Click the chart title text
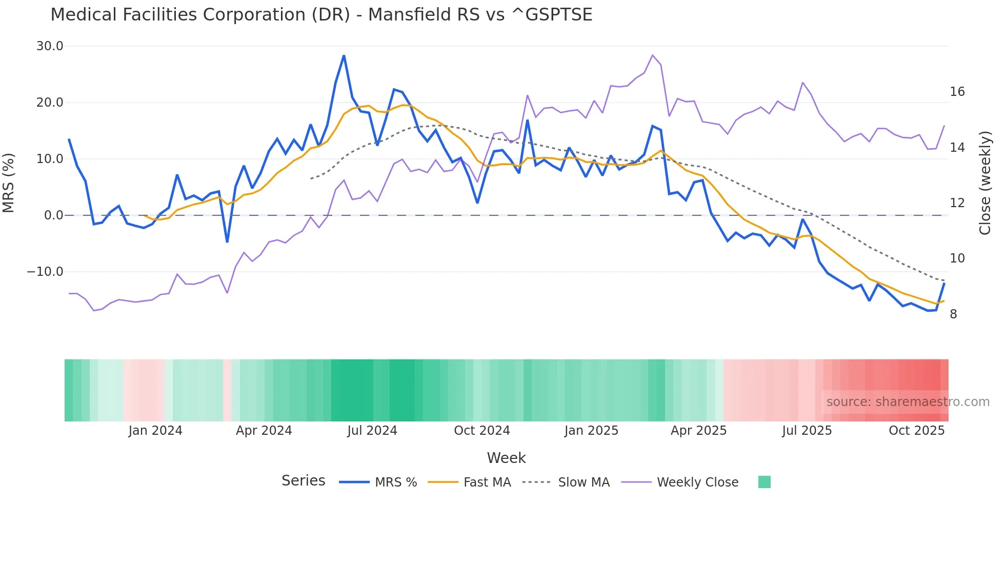(321, 15)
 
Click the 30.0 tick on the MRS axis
(50, 46)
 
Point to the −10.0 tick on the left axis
(45, 272)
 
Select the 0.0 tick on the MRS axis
(53, 215)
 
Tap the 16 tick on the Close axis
(957, 92)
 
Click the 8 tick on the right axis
(953, 314)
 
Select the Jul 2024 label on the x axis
(372, 431)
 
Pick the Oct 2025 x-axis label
(916, 431)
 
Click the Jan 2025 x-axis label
(591, 431)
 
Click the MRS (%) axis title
(9, 183)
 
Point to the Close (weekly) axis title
(985, 183)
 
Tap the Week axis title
(506, 458)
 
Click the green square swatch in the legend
(764, 482)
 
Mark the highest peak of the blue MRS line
(344, 55)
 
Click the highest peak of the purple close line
(653, 55)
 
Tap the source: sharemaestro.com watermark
(908, 402)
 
